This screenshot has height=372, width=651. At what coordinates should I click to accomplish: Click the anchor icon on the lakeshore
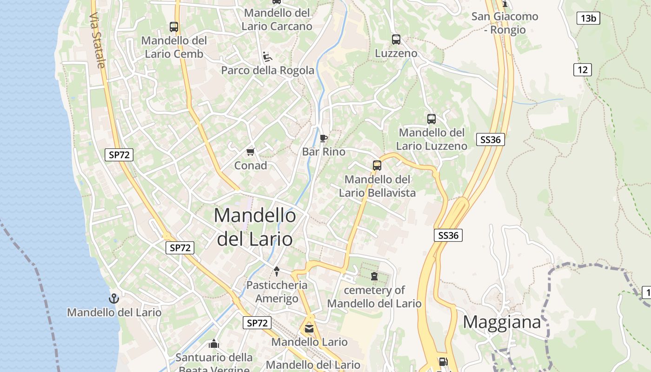(114, 299)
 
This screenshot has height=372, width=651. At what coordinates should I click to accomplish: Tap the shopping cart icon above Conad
(251, 152)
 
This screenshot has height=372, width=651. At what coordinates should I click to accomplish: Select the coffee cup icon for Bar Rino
(324, 138)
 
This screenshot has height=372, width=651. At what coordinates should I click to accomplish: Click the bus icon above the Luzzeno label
(396, 40)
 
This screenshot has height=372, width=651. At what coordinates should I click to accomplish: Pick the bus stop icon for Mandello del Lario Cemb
(174, 27)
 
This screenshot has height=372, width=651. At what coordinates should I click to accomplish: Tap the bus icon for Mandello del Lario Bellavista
(377, 165)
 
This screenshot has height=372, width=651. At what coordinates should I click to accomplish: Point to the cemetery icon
(374, 276)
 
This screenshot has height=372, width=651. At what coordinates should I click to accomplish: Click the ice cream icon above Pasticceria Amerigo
(277, 271)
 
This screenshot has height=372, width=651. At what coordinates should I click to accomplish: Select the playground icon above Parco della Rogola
(267, 57)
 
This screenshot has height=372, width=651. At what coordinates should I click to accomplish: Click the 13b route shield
(588, 19)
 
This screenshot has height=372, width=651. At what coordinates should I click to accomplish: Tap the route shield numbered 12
(582, 70)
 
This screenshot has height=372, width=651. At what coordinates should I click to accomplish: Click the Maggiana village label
(502, 322)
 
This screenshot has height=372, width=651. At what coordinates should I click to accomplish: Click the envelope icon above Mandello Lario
(309, 329)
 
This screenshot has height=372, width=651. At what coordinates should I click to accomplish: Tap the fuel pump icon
(443, 361)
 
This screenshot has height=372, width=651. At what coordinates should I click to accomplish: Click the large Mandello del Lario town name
(255, 227)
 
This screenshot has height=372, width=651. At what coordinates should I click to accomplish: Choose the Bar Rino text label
(324, 152)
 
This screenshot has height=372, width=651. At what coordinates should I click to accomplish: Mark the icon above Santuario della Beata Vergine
(214, 344)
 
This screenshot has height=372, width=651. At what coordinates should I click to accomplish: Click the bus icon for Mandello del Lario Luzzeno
(432, 119)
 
